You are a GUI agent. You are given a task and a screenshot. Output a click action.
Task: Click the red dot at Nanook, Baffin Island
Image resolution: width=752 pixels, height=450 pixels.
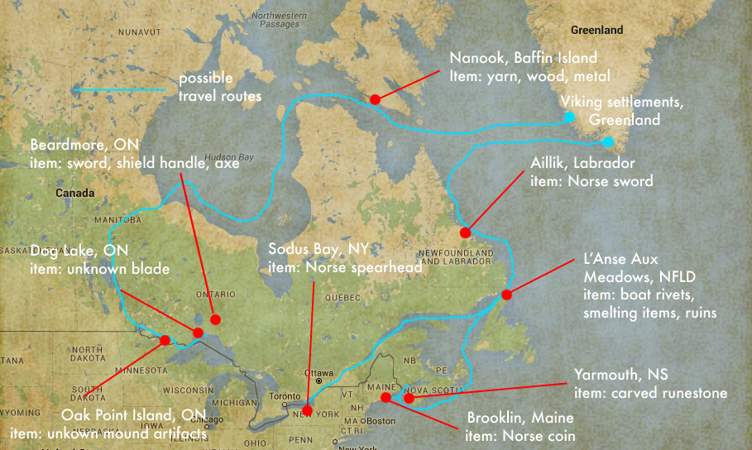375,99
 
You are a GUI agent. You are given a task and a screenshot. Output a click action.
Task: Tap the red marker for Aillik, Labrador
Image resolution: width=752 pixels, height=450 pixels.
466,232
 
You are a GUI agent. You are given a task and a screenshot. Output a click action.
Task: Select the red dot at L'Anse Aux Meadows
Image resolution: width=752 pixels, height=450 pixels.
507,294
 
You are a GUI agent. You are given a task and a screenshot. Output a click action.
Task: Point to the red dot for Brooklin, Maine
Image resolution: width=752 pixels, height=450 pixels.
386,398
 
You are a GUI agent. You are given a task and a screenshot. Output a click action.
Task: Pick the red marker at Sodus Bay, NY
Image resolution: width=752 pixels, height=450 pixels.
307,410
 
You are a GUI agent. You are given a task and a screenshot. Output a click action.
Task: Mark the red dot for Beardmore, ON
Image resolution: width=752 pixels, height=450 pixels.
215,319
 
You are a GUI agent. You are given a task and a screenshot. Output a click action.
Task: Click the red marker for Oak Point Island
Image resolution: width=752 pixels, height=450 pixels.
165,340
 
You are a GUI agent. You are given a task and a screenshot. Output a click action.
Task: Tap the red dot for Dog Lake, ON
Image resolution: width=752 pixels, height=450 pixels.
198,333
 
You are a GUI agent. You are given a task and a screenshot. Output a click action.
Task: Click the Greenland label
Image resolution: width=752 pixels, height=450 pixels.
596,31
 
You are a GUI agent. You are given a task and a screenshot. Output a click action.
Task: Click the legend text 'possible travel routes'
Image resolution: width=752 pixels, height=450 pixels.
219,89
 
